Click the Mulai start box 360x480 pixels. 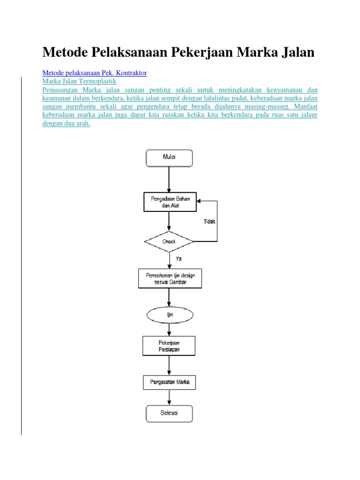169,157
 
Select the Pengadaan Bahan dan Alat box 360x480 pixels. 170,202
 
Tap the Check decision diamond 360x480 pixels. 169,242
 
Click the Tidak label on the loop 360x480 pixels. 210,222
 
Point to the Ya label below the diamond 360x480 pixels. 179,258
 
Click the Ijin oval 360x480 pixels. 170,315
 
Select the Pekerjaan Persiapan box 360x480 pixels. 169,346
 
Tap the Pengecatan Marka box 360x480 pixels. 169,382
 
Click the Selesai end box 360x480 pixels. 169,413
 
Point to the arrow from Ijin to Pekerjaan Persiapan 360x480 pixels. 169,330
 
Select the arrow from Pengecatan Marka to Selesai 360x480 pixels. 169,397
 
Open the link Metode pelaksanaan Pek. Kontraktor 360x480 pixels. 95,73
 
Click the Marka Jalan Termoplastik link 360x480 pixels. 79,81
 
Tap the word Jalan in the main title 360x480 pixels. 294,52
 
